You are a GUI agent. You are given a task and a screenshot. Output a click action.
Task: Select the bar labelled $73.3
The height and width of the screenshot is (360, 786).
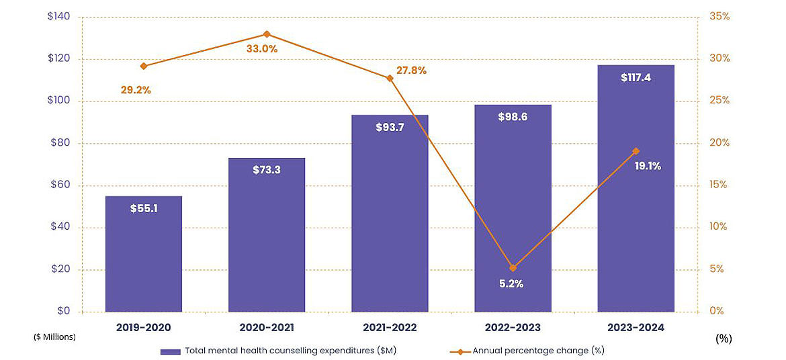point(267,235)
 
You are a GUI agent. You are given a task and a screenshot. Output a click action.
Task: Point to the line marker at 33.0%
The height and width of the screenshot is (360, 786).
point(267,34)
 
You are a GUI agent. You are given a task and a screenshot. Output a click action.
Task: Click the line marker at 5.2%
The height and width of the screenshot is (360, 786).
point(513,268)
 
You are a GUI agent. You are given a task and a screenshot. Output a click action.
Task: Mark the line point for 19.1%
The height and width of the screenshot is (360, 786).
point(636,151)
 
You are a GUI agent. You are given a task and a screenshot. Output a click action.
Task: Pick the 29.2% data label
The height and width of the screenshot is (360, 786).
point(136,89)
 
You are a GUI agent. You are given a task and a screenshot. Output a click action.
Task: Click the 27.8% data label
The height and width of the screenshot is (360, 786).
point(411,70)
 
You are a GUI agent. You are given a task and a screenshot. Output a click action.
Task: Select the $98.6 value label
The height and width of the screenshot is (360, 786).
point(513,117)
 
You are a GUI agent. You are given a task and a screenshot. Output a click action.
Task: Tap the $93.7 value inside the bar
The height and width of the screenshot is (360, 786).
point(390,127)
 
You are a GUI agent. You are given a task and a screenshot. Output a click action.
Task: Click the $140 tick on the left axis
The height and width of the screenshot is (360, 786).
point(59,17)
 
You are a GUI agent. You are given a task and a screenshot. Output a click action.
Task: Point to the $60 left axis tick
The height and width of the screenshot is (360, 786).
point(62,185)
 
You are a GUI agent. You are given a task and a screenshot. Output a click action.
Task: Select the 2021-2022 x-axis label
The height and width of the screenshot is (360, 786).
point(390,328)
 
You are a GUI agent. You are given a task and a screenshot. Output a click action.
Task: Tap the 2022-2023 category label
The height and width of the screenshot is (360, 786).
point(513,328)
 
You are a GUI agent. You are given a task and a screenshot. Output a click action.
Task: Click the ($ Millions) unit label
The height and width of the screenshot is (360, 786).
point(54,337)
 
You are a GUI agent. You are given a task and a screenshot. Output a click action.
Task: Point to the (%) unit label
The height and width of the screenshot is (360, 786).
point(724,339)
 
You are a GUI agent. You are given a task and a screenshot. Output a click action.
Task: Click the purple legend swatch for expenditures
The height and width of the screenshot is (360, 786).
point(171,351)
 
